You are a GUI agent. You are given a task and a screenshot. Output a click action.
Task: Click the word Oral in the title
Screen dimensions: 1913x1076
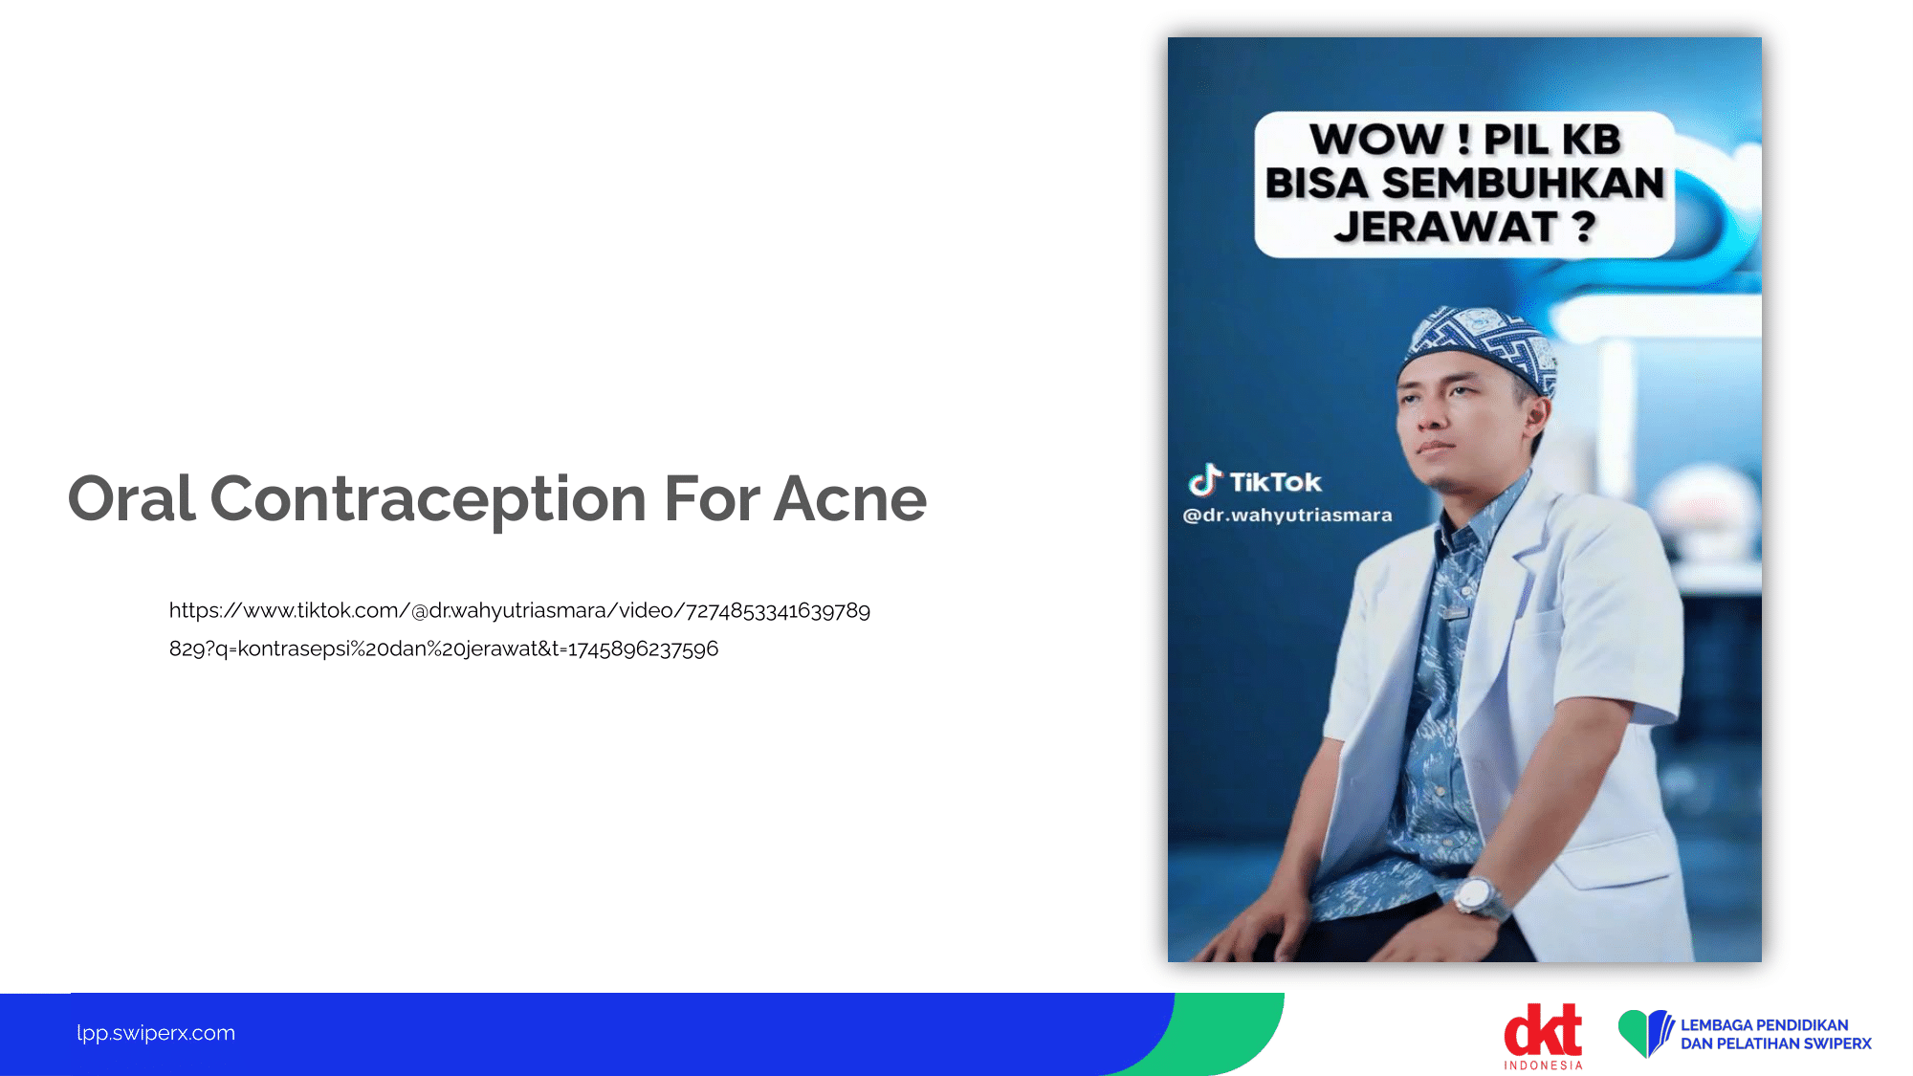tap(132, 498)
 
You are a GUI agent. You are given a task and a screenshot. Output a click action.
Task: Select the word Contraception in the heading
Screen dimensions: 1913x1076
tap(429, 500)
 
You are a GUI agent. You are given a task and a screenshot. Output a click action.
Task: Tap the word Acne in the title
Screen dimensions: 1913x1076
tap(850, 499)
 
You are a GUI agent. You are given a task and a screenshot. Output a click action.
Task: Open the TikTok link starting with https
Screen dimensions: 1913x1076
tap(519, 629)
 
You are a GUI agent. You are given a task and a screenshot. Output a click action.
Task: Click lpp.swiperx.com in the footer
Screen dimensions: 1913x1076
tap(156, 1033)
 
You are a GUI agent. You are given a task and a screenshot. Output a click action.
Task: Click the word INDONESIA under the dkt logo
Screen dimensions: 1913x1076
tap(1543, 1065)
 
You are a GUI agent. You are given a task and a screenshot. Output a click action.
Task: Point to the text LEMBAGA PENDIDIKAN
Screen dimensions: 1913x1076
tap(1764, 1024)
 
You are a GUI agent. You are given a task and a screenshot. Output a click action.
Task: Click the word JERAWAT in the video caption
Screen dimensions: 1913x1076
tap(1446, 227)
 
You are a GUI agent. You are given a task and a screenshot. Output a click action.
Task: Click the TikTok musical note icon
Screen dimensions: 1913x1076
tap(1205, 479)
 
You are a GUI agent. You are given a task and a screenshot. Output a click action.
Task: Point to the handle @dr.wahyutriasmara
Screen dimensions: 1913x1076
tap(1287, 516)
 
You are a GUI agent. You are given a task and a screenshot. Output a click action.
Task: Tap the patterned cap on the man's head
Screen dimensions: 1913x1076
tap(1479, 345)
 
